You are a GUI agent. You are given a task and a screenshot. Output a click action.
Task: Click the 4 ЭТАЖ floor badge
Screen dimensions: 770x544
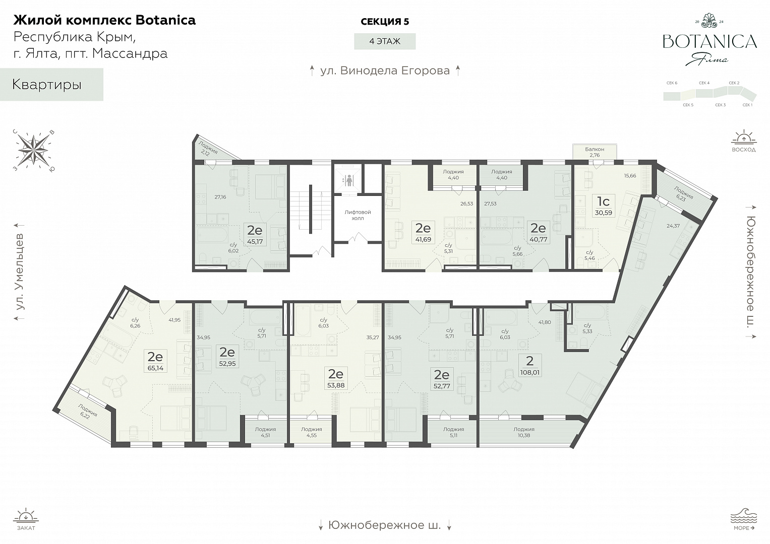pyautogui.click(x=385, y=41)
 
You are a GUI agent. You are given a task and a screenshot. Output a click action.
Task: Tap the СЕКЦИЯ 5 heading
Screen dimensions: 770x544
pyautogui.click(x=385, y=22)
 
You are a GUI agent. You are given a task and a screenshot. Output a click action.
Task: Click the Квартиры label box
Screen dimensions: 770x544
pyautogui.click(x=51, y=85)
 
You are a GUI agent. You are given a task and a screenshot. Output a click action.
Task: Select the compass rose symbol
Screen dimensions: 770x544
pyautogui.click(x=33, y=151)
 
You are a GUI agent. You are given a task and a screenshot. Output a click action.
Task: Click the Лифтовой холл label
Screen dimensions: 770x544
pyautogui.click(x=358, y=216)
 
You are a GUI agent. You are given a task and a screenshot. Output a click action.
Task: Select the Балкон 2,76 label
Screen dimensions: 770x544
pyautogui.click(x=595, y=152)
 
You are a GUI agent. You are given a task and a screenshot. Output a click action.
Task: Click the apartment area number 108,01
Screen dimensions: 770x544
pyautogui.click(x=529, y=372)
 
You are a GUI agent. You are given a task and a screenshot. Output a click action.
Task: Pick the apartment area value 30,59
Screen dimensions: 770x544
pyautogui.click(x=603, y=213)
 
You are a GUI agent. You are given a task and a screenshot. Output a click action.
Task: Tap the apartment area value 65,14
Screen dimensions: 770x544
pyautogui.click(x=155, y=368)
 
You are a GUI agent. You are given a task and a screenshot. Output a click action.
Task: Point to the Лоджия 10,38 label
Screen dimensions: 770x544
pyautogui.click(x=524, y=432)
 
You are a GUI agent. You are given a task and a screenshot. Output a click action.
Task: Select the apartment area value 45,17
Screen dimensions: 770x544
pyautogui.click(x=255, y=241)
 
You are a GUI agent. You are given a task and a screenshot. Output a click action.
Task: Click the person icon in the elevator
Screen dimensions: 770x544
pyautogui.click(x=349, y=180)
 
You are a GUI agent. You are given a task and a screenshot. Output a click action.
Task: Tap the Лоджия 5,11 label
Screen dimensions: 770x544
pyautogui.click(x=453, y=432)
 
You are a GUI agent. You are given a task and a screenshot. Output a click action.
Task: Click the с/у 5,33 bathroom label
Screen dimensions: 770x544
pyautogui.click(x=587, y=328)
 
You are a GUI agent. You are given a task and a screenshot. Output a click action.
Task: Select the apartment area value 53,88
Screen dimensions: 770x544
pyautogui.click(x=336, y=385)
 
